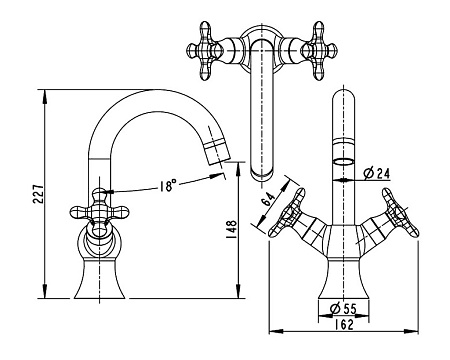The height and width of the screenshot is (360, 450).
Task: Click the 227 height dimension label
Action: (38, 194)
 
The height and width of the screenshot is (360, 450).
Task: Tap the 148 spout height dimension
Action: (232, 229)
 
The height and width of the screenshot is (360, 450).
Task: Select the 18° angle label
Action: (167, 186)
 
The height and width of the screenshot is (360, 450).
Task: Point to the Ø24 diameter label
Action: (377, 173)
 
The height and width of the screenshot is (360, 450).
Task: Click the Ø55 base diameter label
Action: (343, 309)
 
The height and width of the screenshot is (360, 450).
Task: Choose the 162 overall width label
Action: (343, 324)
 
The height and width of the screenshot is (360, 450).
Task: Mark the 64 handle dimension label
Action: (268, 200)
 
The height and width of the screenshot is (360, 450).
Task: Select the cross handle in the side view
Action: (99, 212)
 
